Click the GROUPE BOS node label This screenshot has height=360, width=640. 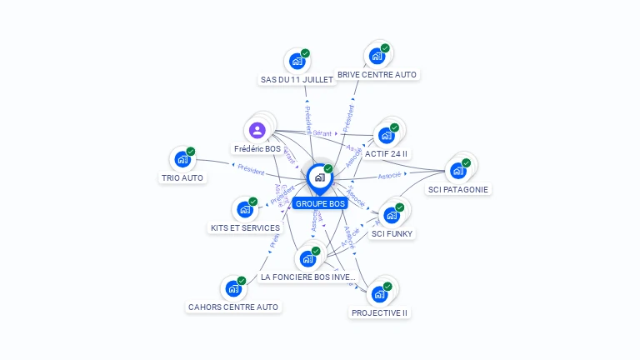[x=320, y=203]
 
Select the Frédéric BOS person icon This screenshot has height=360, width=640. [x=257, y=130]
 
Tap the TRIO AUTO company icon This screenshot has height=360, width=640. [x=181, y=160]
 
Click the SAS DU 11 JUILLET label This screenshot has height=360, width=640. [x=297, y=80]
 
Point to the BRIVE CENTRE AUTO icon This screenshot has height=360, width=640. [x=376, y=57]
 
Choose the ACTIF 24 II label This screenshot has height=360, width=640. [x=387, y=154]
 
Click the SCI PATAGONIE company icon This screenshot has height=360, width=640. [x=457, y=171]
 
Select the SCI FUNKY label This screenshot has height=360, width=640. [x=392, y=234]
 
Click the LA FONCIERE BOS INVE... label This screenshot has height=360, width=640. [x=308, y=277]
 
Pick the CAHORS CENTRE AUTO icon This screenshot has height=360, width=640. [x=232, y=289]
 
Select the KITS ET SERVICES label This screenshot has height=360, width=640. [x=244, y=227]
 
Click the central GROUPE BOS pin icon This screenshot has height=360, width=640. [x=319, y=178]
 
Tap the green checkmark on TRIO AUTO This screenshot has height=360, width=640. [x=191, y=152]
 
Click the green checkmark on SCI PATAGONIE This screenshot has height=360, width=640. [x=467, y=162]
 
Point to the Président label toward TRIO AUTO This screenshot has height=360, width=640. [x=251, y=169]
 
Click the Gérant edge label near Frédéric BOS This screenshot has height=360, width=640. [x=322, y=133]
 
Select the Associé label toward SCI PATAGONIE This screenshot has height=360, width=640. [x=389, y=176]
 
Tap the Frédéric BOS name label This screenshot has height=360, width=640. [x=257, y=148]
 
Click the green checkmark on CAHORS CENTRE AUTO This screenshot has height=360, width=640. [x=242, y=281]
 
